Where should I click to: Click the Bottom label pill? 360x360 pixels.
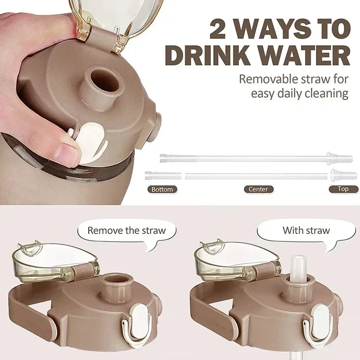coord(162,189)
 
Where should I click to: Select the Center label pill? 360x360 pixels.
coord(258,189)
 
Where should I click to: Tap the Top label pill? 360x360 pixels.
coord(343,189)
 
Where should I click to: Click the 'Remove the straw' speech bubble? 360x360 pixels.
coord(127,232)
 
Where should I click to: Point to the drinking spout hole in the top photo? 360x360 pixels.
coord(104,81)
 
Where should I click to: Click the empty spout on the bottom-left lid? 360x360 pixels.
coord(117,287)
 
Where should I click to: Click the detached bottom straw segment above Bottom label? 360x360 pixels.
coord(163,175)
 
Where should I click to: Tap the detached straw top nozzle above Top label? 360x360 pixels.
coord(343,175)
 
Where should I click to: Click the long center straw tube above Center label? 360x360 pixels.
coord(256,176)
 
